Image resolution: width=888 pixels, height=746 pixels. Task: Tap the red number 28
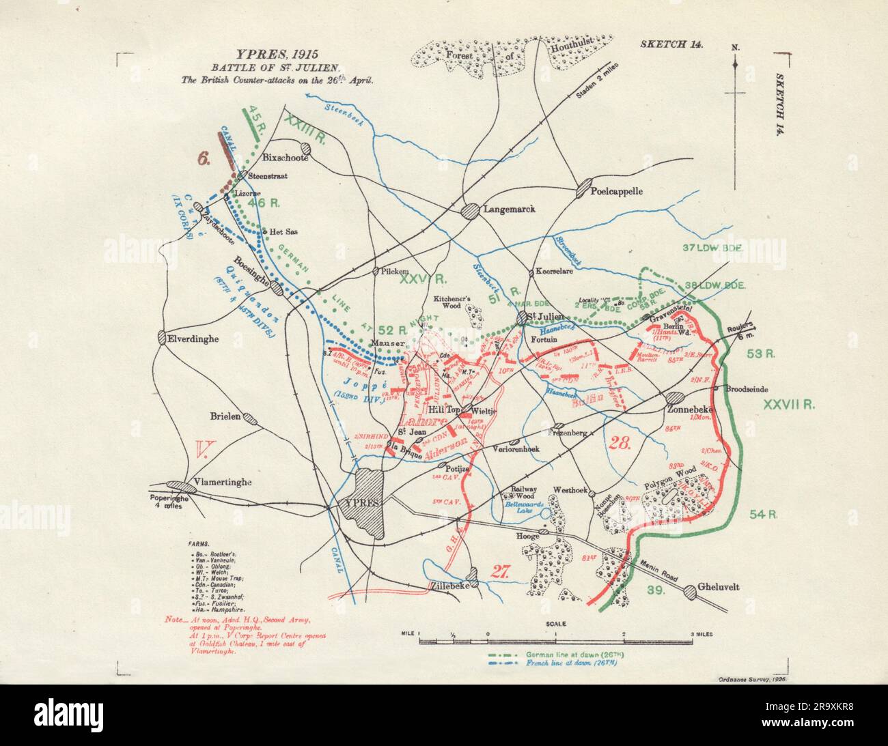tap(621, 442)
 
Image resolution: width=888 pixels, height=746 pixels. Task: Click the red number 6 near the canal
tap(204, 158)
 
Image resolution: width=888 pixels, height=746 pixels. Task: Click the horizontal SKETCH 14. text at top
tap(671, 44)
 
